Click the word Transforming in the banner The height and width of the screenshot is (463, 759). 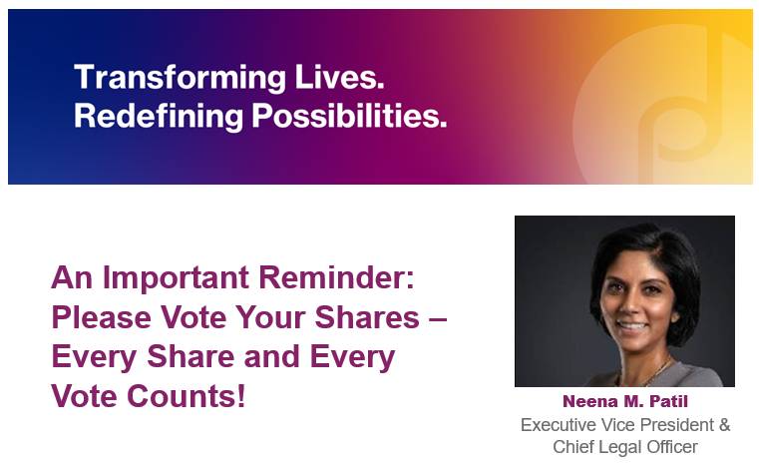point(181,78)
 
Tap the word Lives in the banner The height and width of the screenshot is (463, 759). point(339,77)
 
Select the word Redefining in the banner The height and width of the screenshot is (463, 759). point(159,116)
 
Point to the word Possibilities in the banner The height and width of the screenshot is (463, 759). point(349,116)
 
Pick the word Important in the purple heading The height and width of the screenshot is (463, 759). point(176,278)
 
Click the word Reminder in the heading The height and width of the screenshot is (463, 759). point(336,277)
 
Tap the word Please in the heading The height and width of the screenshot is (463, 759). point(101,317)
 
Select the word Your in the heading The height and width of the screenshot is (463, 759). point(270,317)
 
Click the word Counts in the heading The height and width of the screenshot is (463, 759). point(187,396)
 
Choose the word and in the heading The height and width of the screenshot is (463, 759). point(271,356)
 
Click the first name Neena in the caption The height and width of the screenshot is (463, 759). point(590,401)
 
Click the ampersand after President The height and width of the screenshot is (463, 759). point(725,425)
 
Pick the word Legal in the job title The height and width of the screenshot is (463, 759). point(613,447)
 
